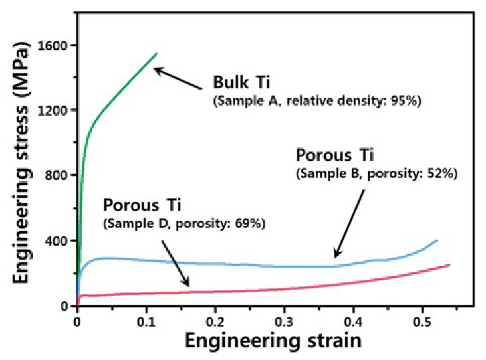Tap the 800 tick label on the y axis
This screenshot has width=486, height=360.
pyautogui.click(x=59, y=175)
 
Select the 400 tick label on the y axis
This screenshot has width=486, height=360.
pyautogui.click(x=59, y=240)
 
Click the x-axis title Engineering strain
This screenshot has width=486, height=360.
pyautogui.click(x=273, y=343)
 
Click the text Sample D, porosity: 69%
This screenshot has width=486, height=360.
pyautogui.click(x=184, y=224)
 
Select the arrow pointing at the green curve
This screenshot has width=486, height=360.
pyautogui.click(x=178, y=78)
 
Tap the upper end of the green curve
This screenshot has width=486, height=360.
pyautogui.click(x=156, y=54)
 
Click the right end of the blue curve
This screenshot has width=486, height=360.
pyautogui.click(x=437, y=240)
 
